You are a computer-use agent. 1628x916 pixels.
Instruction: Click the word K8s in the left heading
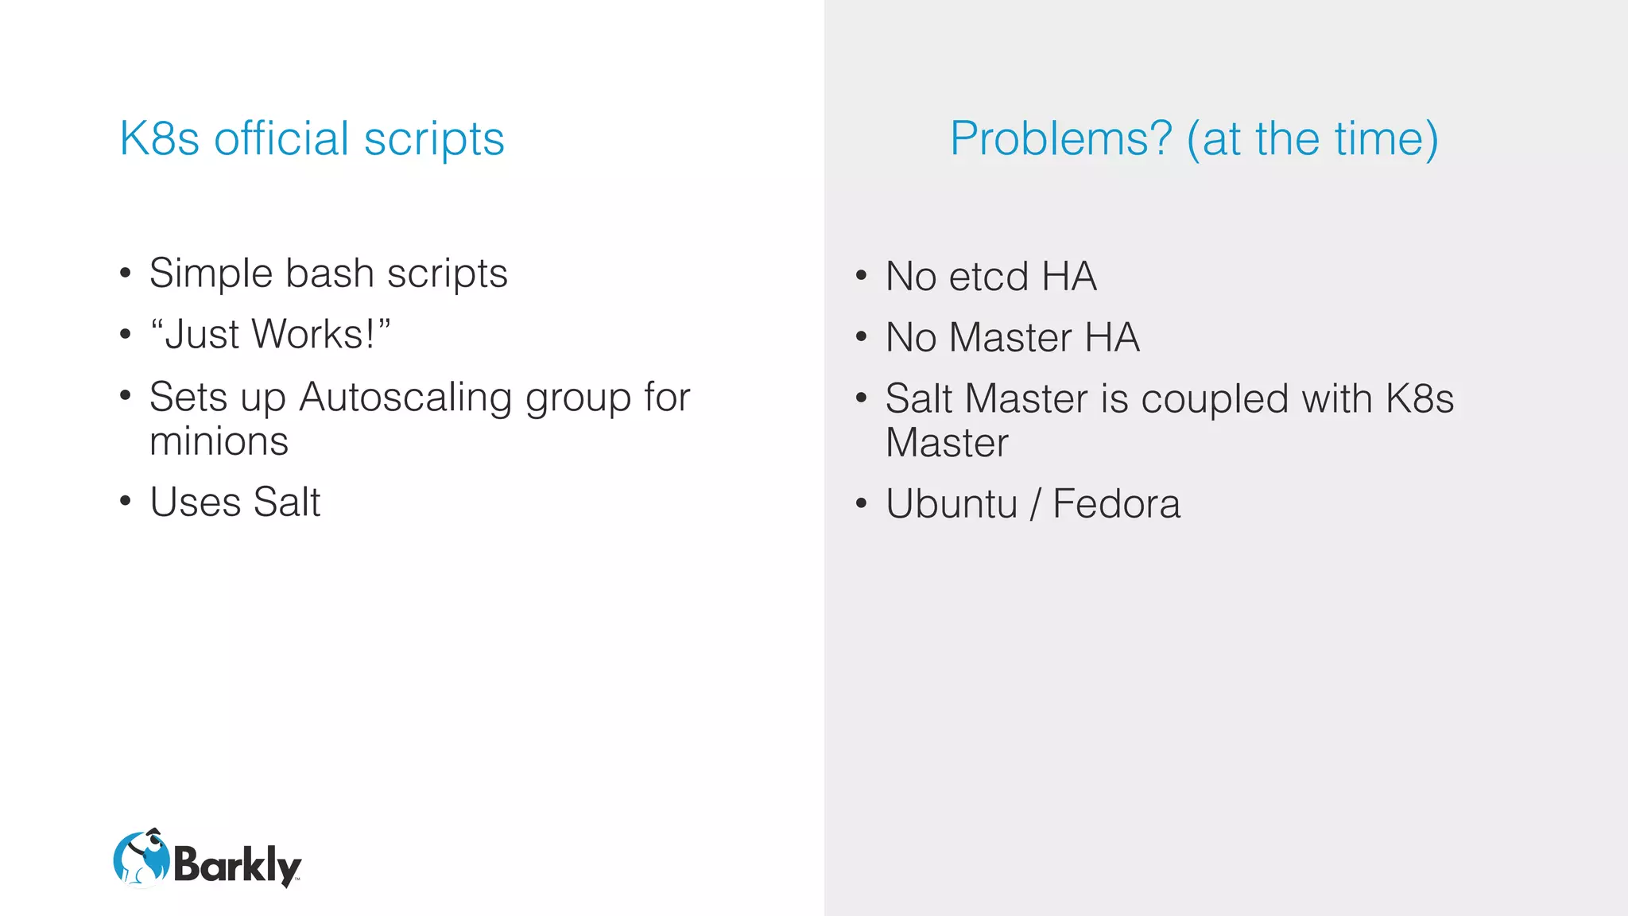pos(159,139)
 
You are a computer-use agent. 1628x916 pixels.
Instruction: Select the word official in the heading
pos(281,139)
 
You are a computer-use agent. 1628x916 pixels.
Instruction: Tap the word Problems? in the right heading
pos(1061,139)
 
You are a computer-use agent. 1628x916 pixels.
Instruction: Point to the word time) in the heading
pos(1386,139)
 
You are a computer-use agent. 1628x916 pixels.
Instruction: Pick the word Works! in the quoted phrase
pos(312,335)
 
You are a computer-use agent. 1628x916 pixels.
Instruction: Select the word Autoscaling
pos(405,397)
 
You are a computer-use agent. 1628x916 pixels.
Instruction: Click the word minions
pos(219,441)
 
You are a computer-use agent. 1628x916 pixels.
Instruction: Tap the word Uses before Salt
pos(195,503)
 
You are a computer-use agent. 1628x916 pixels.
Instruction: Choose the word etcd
pos(989,278)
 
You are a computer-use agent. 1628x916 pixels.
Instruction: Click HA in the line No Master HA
pos(1112,338)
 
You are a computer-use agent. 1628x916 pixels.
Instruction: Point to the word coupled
pos(1215,398)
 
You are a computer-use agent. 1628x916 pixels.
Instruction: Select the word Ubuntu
pos(952,504)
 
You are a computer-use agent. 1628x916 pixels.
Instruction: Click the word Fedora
pos(1116,504)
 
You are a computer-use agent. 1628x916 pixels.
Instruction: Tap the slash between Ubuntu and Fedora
pos(1035,505)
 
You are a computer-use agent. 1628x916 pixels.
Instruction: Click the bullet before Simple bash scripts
pos(125,274)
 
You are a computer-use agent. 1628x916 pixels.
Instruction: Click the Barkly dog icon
pos(141,859)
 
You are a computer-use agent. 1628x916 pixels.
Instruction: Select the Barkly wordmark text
pos(237,864)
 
